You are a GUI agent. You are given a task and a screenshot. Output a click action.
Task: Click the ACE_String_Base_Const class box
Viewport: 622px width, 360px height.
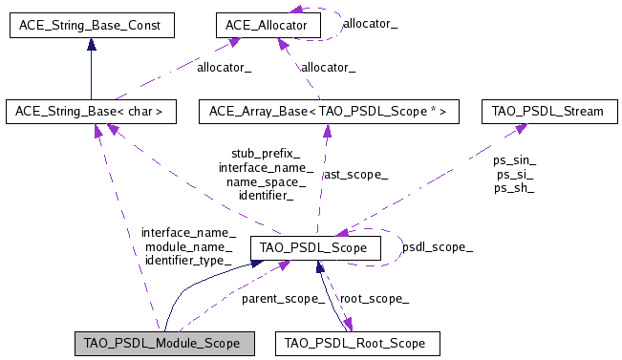(x=91, y=24)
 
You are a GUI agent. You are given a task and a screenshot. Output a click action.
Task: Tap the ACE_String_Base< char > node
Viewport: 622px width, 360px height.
(x=91, y=112)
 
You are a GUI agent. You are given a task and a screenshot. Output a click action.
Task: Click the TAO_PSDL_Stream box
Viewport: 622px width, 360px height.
(x=547, y=112)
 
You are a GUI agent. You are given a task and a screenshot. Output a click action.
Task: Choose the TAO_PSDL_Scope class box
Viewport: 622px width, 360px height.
(x=315, y=248)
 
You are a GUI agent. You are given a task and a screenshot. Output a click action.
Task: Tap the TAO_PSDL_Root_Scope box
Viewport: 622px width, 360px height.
(x=358, y=342)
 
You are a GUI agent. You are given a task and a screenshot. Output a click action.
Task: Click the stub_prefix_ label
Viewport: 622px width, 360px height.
(x=266, y=153)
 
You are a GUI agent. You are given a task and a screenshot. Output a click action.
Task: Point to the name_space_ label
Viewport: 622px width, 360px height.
(x=266, y=181)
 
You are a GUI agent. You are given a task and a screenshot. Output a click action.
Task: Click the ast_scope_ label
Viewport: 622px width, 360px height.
(x=355, y=175)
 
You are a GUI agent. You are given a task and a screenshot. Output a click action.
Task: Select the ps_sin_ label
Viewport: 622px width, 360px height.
(x=515, y=160)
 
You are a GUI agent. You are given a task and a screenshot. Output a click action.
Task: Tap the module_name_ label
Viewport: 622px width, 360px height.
(x=187, y=246)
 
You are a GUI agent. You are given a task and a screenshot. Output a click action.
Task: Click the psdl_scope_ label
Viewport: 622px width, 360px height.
(x=437, y=246)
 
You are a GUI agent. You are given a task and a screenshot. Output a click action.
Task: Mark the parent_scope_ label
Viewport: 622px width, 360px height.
(x=283, y=299)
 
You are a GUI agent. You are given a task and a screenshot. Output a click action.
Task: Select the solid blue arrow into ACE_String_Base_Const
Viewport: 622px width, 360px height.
(x=91, y=67)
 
